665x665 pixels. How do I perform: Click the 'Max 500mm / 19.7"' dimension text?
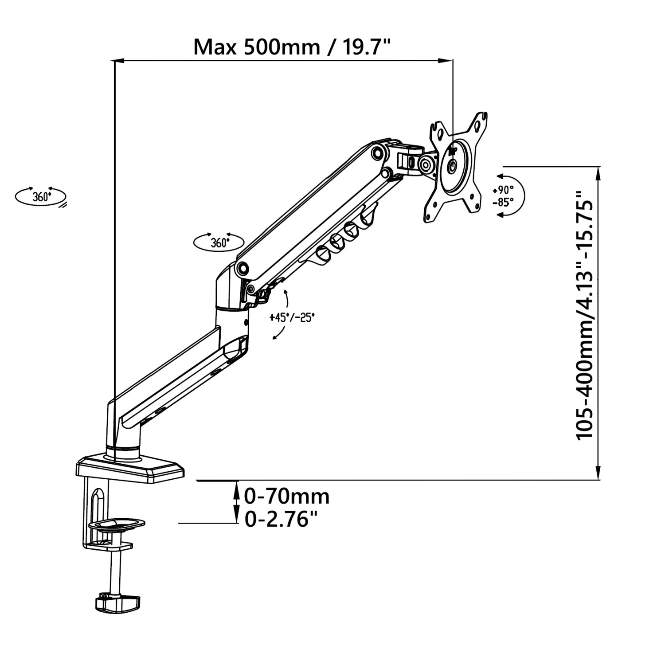[293, 47]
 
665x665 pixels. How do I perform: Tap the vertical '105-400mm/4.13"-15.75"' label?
[584, 315]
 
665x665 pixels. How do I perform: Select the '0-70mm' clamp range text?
[287, 496]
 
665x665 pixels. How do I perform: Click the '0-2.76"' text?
[282, 519]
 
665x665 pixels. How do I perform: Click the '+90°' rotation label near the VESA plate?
[503, 190]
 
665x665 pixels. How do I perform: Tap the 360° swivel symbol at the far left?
[40, 197]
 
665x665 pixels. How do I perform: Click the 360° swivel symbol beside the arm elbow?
[219, 243]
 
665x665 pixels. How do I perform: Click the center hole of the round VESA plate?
[452, 167]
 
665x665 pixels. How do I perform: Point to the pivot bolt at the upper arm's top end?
[378, 152]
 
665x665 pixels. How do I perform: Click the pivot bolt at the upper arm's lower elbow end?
[243, 268]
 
